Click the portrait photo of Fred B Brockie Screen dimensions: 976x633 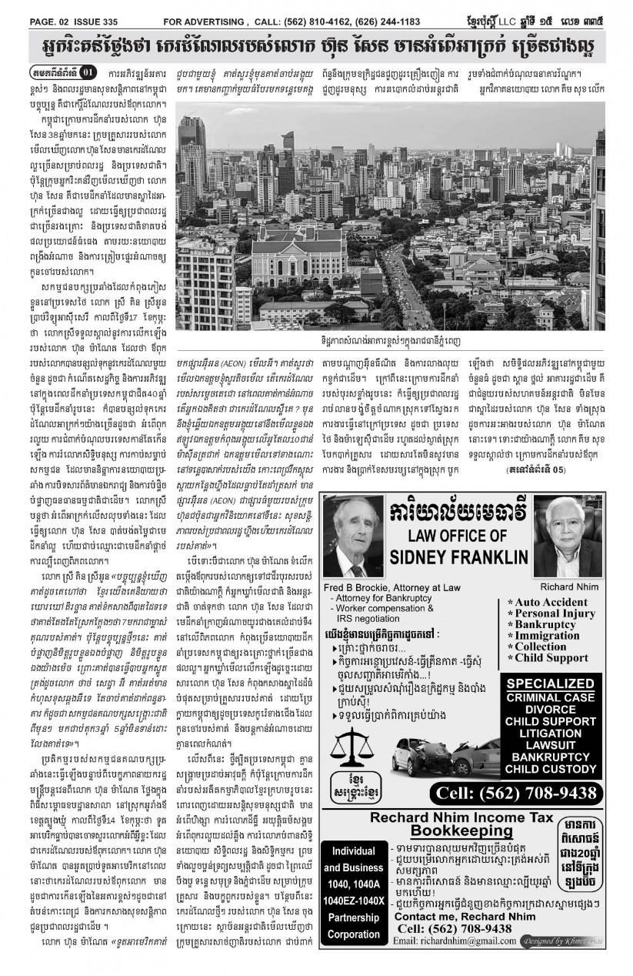coord(351,540)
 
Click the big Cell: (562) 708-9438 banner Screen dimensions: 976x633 coord(515,793)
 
